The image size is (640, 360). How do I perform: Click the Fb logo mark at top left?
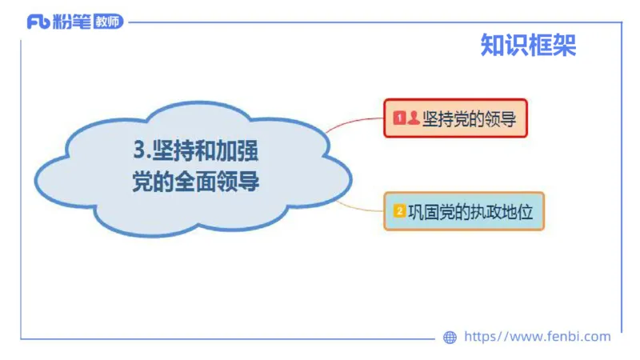[x=38, y=22]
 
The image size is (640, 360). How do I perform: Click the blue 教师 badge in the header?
[x=108, y=22]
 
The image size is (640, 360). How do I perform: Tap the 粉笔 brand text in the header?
[x=71, y=22]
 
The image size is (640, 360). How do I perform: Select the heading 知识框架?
[x=528, y=45]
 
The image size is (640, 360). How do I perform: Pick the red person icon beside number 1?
[x=413, y=118]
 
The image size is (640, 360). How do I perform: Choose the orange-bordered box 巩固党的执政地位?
[x=464, y=211]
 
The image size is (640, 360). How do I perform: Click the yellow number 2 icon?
[x=399, y=211]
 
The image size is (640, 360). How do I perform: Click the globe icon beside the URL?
[x=450, y=338]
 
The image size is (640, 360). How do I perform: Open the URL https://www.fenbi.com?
[x=537, y=337]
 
